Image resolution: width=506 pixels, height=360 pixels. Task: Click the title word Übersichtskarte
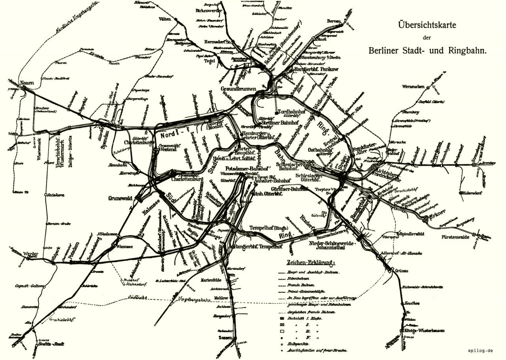[427, 25]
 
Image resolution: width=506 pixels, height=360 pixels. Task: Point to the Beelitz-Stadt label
[51, 344]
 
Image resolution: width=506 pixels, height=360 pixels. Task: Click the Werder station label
[30, 254]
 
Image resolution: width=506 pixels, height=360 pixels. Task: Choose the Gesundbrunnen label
[239, 88]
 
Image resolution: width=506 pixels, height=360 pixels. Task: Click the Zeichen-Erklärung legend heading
[310, 262]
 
